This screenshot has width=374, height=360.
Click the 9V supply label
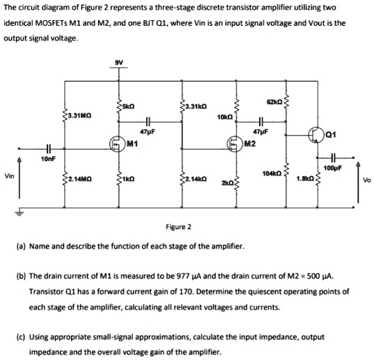coord(119,63)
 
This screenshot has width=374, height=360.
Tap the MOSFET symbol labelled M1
coord(117,143)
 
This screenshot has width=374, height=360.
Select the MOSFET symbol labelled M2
coord(235,143)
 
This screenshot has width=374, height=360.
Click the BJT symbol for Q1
coord(316,134)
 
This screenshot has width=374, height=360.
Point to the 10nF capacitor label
coord(49,159)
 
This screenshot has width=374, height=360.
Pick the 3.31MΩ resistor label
coord(79,116)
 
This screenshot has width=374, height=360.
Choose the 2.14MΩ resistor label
coord(79,178)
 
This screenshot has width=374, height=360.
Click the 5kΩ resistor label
coord(128,107)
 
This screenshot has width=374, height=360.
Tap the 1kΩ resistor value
coord(128,178)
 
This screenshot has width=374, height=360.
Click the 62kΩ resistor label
coord(274,102)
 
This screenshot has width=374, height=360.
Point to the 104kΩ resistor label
coord(272,173)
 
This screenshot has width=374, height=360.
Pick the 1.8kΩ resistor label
coord(306,178)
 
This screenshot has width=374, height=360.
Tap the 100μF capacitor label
coord(333,169)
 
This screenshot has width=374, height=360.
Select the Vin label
coord(10,176)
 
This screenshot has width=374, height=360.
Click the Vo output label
coord(367,180)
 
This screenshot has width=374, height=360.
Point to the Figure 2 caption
coord(179,227)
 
